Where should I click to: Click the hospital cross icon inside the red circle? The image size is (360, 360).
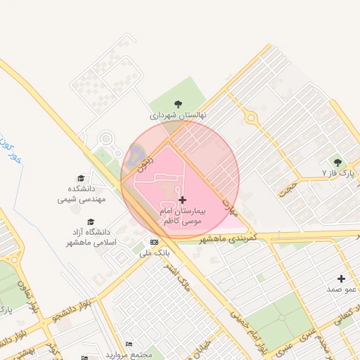183,200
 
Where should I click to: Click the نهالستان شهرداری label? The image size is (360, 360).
177,115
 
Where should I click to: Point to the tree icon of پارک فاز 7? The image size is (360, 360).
337,162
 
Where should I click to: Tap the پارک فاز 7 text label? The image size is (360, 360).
336,173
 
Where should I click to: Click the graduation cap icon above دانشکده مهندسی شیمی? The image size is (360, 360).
81,179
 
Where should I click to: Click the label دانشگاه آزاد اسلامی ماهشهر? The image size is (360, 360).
89,237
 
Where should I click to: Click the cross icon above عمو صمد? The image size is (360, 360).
342,279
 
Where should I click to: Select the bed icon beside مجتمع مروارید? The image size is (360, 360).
128,344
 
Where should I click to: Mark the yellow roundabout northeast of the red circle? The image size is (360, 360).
251,117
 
